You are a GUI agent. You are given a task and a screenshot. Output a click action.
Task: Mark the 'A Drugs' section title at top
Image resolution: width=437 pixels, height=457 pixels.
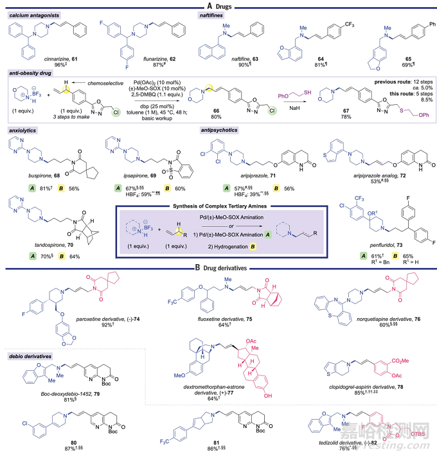[213, 6]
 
